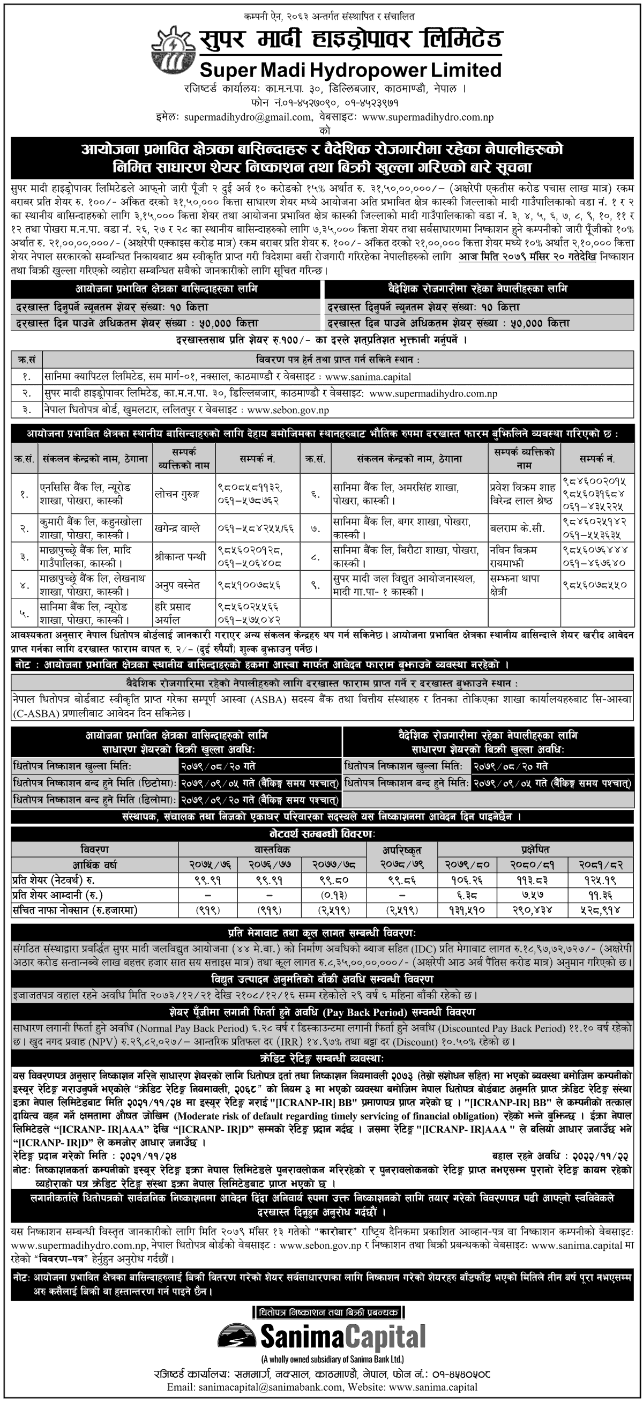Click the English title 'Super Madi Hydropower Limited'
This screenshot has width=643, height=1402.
click(x=350, y=70)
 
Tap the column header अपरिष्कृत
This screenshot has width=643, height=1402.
click(x=402, y=849)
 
